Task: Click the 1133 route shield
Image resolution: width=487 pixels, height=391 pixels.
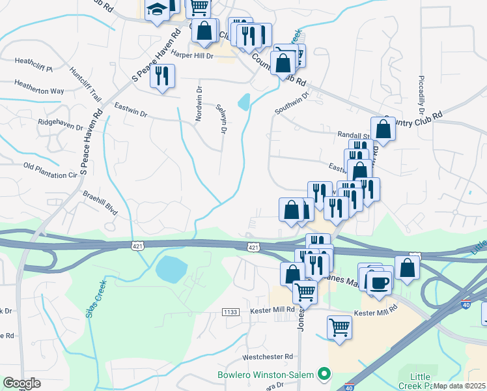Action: click(x=230, y=312)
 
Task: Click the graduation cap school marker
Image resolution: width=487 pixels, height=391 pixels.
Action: click(x=157, y=10)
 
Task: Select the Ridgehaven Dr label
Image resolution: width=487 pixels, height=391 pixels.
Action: click(x=61, y=123)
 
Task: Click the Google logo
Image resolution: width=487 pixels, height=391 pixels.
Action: click(x=21, y=383)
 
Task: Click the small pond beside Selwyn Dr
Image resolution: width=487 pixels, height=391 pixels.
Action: click(x=244, y=102)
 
